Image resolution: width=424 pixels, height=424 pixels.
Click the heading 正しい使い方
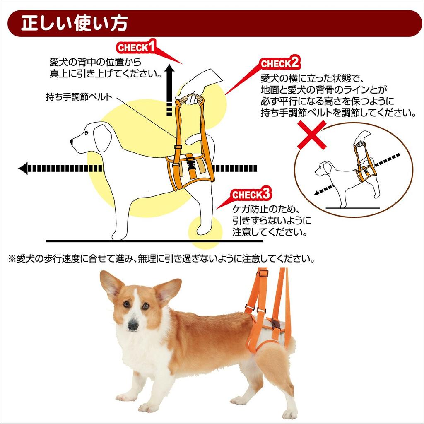(74, 23)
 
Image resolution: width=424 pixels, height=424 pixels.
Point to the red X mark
(311, 135)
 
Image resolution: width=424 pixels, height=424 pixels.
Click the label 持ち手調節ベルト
(79, 98)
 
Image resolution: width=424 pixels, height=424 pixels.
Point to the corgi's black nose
(133, 325)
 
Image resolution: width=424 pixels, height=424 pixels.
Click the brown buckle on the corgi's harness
(276, 323)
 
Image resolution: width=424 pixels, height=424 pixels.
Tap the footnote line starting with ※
(161, 259)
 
